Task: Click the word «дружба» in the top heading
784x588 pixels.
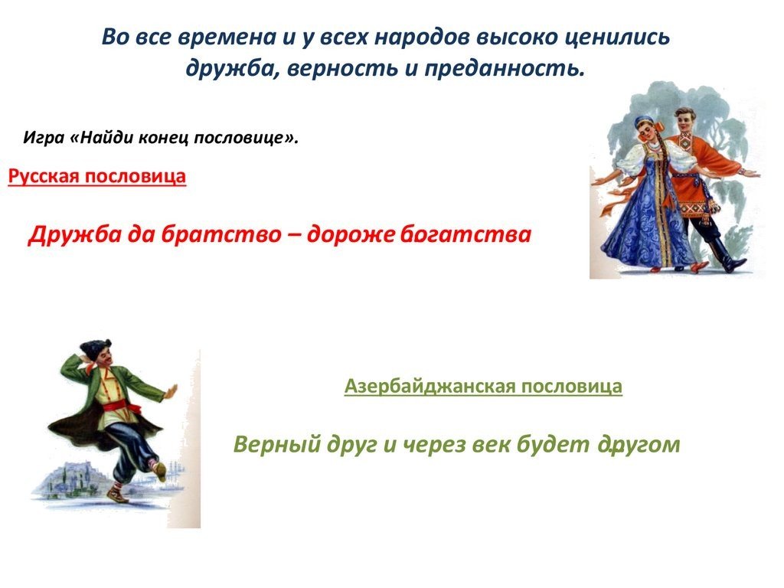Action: [x=228, y=68]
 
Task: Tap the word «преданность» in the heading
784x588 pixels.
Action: [x=505, y=68]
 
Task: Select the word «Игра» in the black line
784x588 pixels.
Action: [x=44, y=138]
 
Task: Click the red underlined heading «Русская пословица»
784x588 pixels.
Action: [x=97, y=177]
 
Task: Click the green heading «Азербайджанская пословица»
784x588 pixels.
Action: [x=484, y=387]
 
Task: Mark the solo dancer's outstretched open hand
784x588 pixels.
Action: [x=170, y=391]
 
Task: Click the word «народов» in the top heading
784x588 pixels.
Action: [x=420, y=38]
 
